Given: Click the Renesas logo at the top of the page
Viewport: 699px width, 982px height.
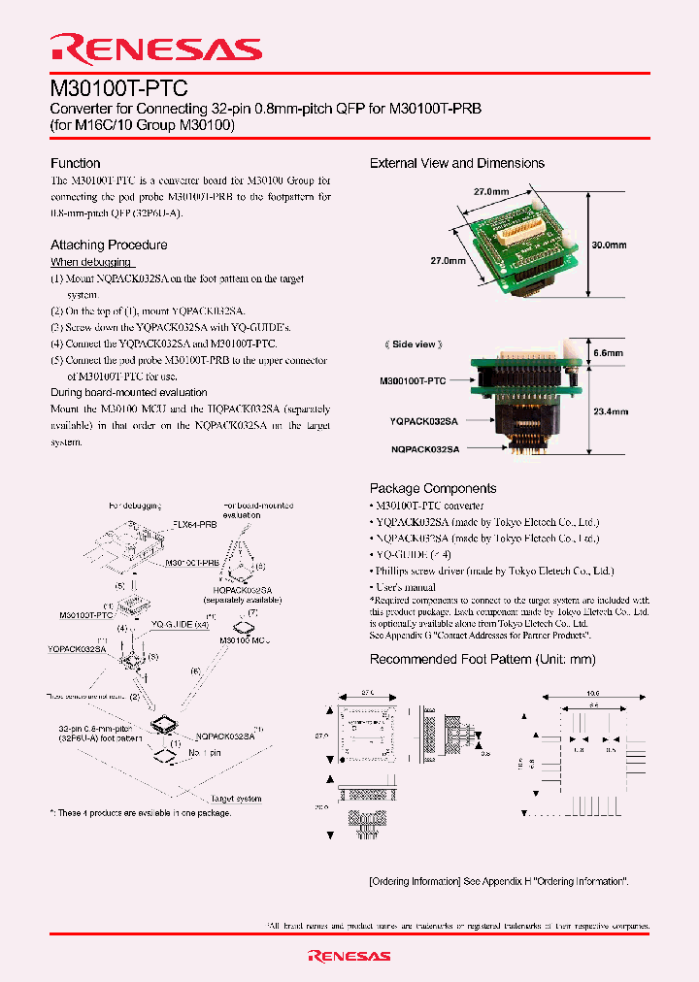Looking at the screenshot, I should pos(155,49).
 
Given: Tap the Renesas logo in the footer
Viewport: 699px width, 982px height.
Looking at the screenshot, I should pos(349,956).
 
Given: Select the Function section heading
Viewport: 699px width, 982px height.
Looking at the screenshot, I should pos(76,163).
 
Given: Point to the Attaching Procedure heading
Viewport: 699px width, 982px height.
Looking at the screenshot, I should pos(109,245).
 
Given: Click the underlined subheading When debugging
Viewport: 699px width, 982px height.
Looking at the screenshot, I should pos(91,262).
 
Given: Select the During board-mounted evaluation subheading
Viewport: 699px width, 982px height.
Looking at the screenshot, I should pos(128,392).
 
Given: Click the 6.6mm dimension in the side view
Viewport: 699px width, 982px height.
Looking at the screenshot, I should pos(609,355).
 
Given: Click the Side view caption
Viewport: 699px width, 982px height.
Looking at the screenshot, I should pos(414,344).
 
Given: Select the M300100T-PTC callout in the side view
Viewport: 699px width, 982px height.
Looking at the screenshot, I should pos(413,381).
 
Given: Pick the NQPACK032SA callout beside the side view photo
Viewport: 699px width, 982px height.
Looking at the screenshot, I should pos(425,449).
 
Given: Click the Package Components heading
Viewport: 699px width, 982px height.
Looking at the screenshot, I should pos(433,488).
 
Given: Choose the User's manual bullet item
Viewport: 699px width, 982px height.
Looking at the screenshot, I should pos(407,588).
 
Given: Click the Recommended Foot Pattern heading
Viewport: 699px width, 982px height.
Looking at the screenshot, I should pos(483,659).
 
